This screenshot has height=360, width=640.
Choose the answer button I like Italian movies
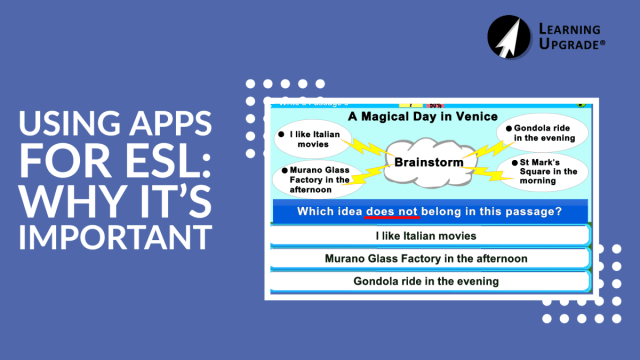point(426,236)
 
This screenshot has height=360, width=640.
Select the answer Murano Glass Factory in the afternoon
point(426,258)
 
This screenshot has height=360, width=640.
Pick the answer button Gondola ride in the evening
point(426,281)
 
